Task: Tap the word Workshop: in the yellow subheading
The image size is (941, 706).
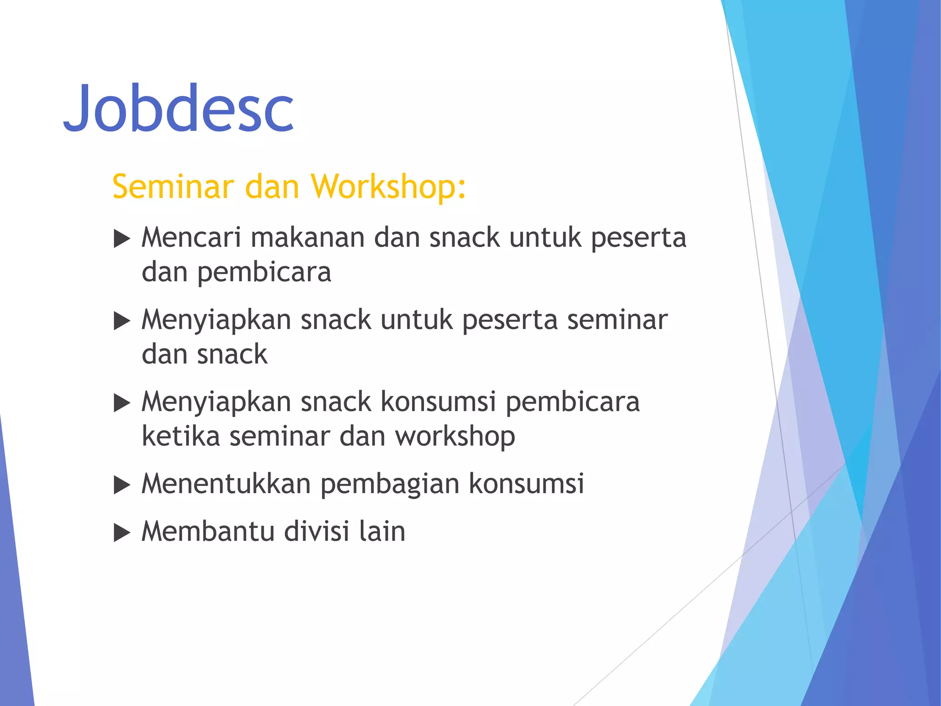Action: point(388,187)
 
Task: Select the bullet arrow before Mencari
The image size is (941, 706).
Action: point(122,239)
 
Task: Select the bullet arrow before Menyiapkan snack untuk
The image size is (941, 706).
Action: point(122,321)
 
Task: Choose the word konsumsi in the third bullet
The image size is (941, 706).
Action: point(438,402)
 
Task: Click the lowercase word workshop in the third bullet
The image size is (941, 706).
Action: point(455,437)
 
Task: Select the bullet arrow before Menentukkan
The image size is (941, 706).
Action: point(122,485)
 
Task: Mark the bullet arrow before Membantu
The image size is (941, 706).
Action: point(122,533)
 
